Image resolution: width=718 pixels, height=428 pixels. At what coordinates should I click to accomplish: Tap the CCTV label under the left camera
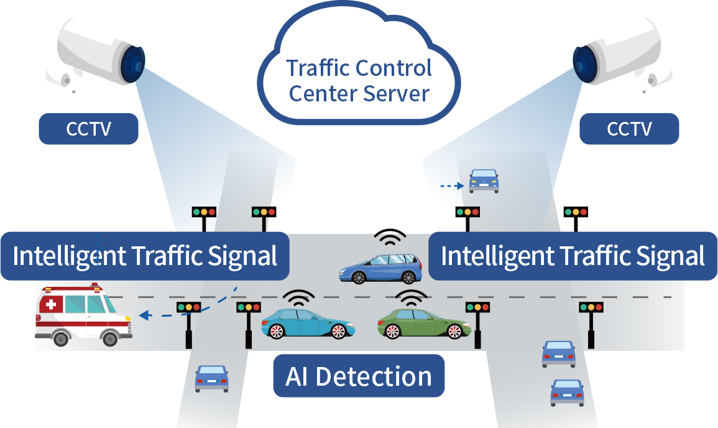[88, 129]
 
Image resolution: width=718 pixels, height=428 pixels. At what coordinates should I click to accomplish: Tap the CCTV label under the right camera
[629, 129]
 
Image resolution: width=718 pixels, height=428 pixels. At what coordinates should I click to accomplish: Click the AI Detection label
[359, 376]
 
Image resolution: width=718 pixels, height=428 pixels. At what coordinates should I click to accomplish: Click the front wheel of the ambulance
[109, 338]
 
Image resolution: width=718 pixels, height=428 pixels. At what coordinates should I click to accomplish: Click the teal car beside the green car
[307, 323]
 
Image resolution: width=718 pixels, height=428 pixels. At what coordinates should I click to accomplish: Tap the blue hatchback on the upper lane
[380, 268]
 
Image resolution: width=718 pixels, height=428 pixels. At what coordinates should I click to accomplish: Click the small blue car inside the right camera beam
[484, 180]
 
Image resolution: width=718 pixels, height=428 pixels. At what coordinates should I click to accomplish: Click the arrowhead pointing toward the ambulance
[144, 316]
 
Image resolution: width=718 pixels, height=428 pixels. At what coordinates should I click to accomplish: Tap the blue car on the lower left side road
[211, 378]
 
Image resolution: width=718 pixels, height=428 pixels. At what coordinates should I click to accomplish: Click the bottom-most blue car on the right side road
[567, 393]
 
